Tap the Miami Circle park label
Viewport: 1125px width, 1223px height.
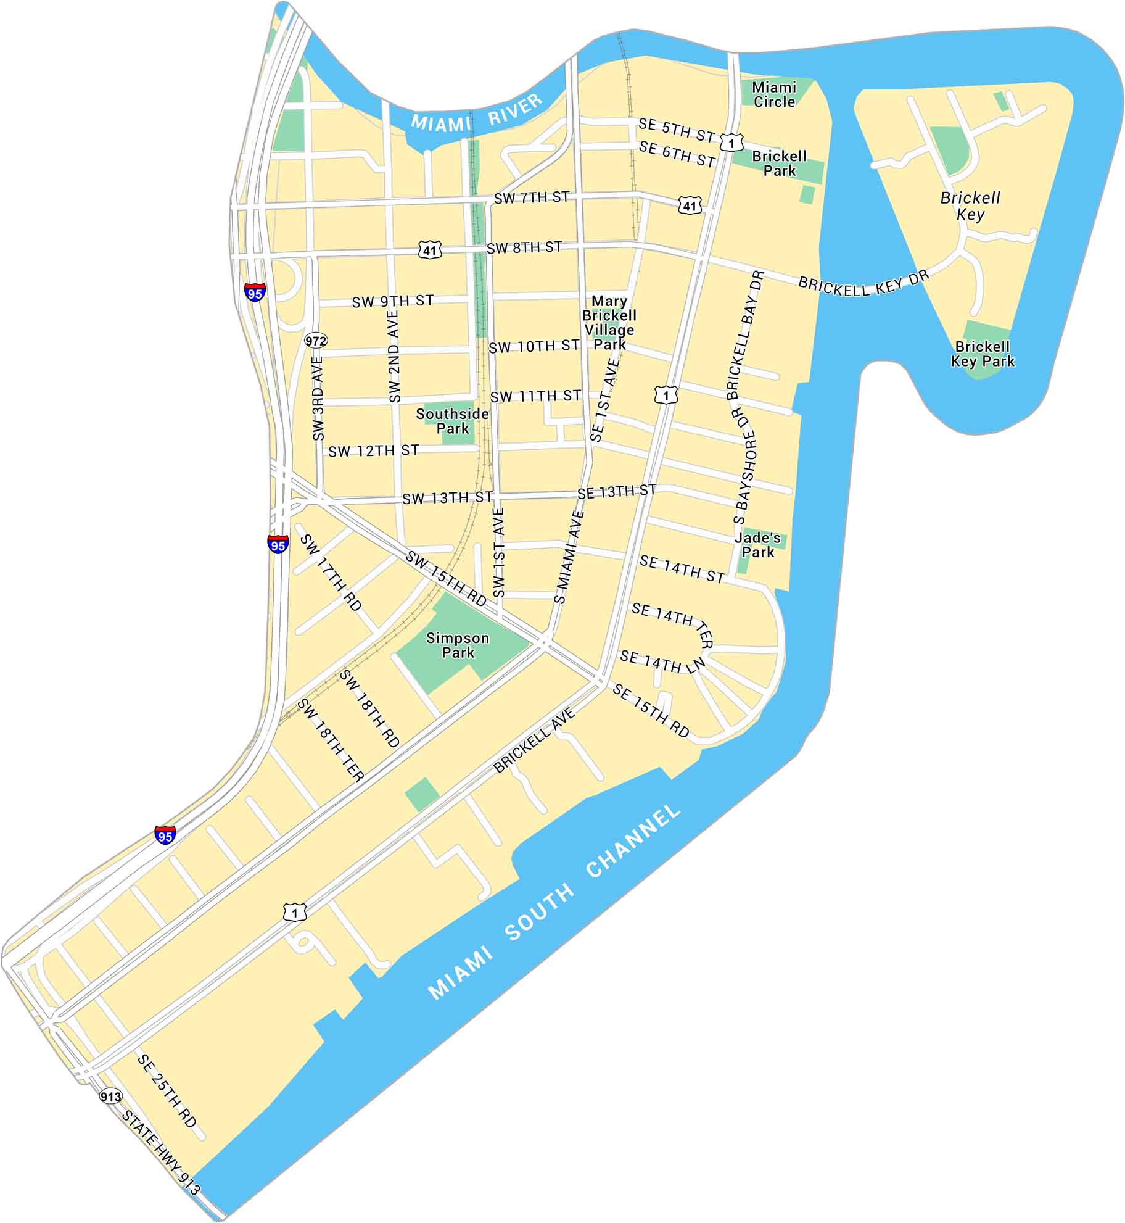click(x=774, y=94)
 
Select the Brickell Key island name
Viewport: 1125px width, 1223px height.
click(x=970, y=206)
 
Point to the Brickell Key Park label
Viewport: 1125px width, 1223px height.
click(x=982, y=354)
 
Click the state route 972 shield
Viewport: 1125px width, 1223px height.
click(x=316, y=341)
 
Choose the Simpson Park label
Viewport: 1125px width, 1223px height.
click(x=458, y=645)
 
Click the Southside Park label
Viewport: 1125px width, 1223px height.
click(x=452, y=421)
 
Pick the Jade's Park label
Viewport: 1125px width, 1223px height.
click(x=757, y=545)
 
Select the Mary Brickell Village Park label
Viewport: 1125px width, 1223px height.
click(x=609, y=322)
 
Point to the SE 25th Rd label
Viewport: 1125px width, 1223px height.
click(x=167, y=1090)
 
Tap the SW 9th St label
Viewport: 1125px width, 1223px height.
click(x=393, y=301)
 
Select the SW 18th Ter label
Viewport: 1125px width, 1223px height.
click(x=331, y=740)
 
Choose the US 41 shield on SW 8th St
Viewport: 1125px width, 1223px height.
click(x=430, y=250)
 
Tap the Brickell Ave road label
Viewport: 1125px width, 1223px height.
click(x=534, y=740)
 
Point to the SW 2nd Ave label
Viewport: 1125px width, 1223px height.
click(x=394, y=356)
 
